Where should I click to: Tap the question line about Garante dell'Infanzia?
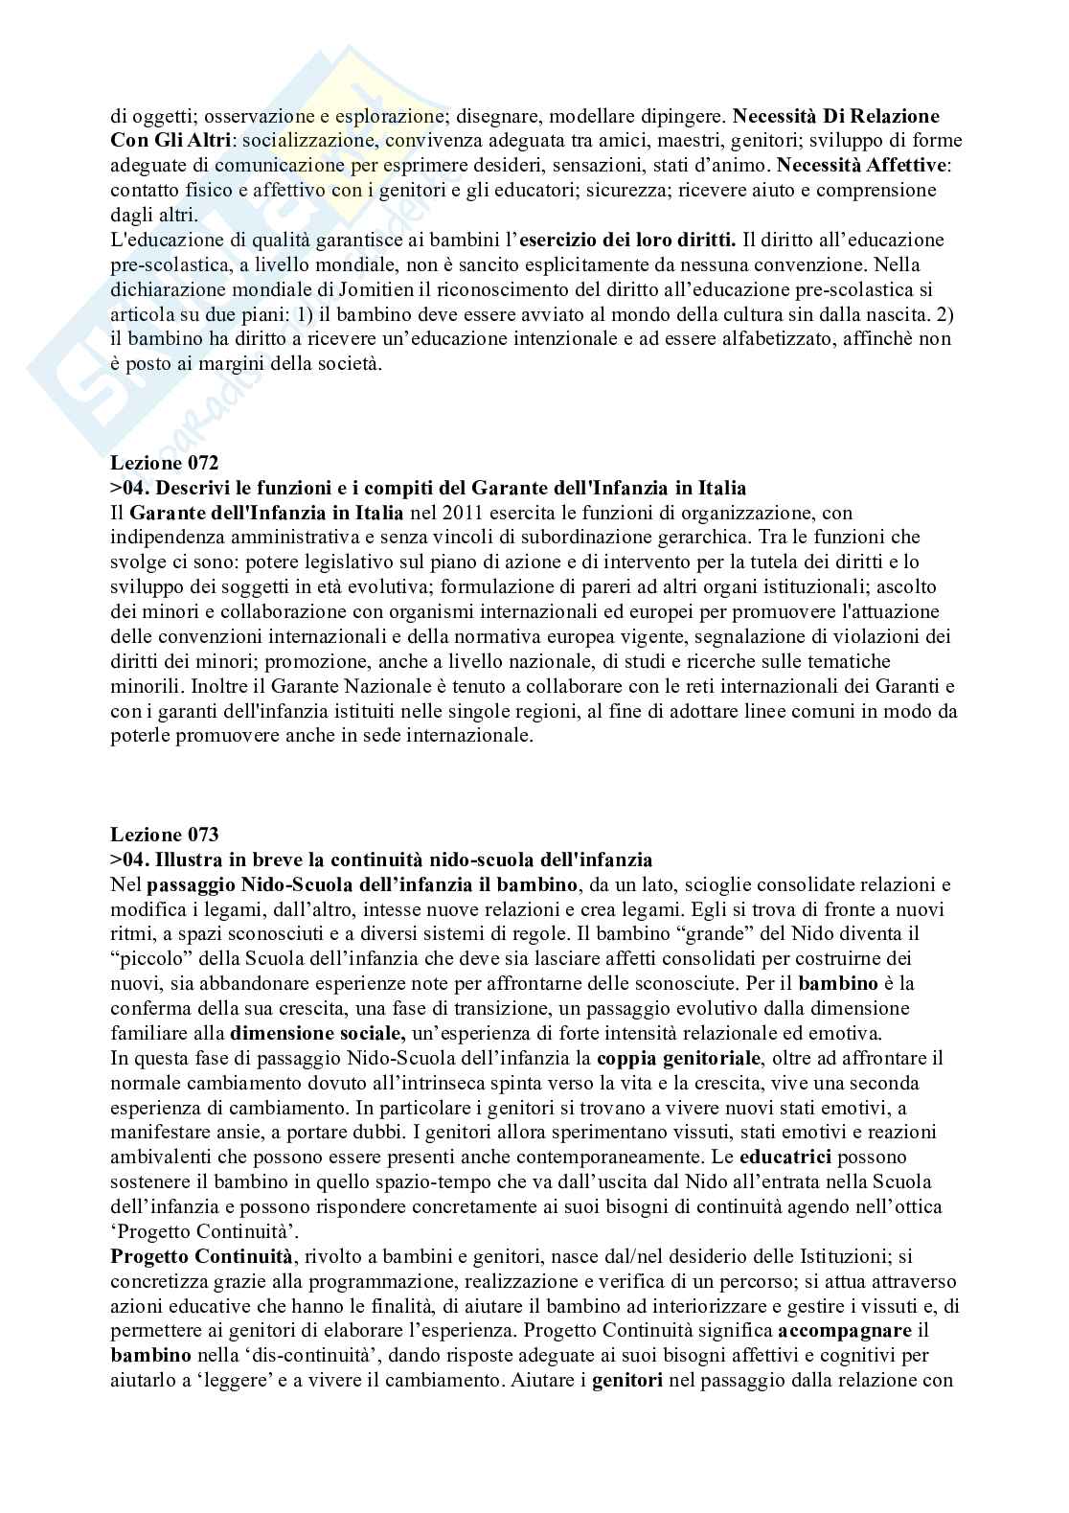pos(428,488)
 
